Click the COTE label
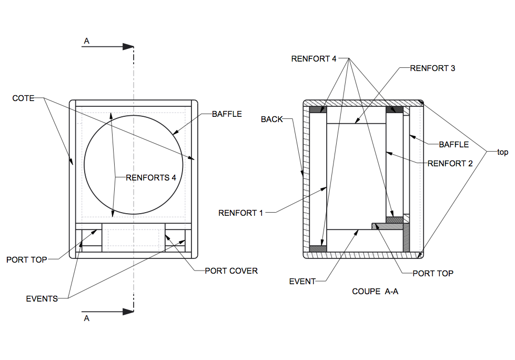pyautogui.click(x=23, y=98)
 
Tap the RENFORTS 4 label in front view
pyautogui.click(x=151, y=177)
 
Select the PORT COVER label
pyautogui.click(x=231, y=271)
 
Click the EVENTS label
pyautogui.click(x=42, y=299)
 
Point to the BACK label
pyautogui.click(x=272, y=119)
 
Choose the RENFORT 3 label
pyautogui.click(x=432, y=68)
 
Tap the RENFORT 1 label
pyautogui.click(x=240, y=213)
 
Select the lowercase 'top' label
pyautogui.click(x=503, y=152)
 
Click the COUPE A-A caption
pyautogui.click(x=375, y=291)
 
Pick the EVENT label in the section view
pyautogui.click(x=302, y=282)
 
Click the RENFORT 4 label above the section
pyautogui.click(x=314, y=58)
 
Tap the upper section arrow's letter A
pyautogui.click(x=87, y=41)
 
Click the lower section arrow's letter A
pyautogui.click(x=87, y=318)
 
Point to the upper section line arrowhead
pyautogui.click(x=129, y=47)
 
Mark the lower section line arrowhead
pyautogui.click(x=129, y=312)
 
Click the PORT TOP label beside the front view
pyautogui.click(x=27, y=259)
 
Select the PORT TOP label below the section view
pyautogui.click(x=433, y=273)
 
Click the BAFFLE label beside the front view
pyautogui.click(x=227, y=114)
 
